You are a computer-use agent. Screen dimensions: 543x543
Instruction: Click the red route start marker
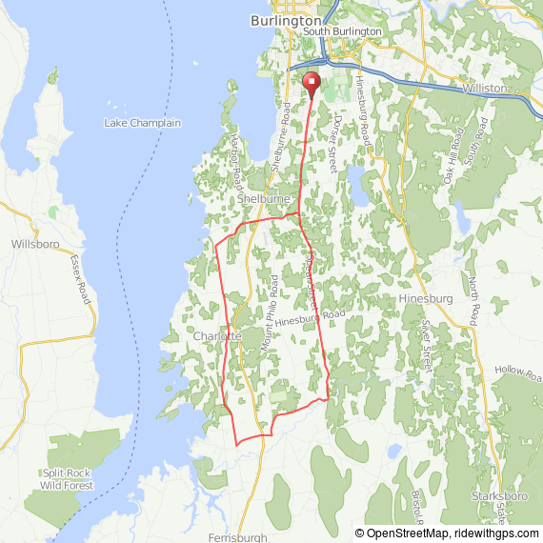pos(312,83)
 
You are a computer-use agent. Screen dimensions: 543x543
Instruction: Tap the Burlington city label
pos(286,19)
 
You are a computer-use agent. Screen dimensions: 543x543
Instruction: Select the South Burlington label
pos(342,31)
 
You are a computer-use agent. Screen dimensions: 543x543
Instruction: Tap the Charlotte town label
pos(216,337)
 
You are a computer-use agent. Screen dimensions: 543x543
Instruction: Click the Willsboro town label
pos(35,244)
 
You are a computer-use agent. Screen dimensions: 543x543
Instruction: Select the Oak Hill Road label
pos(452,158)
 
